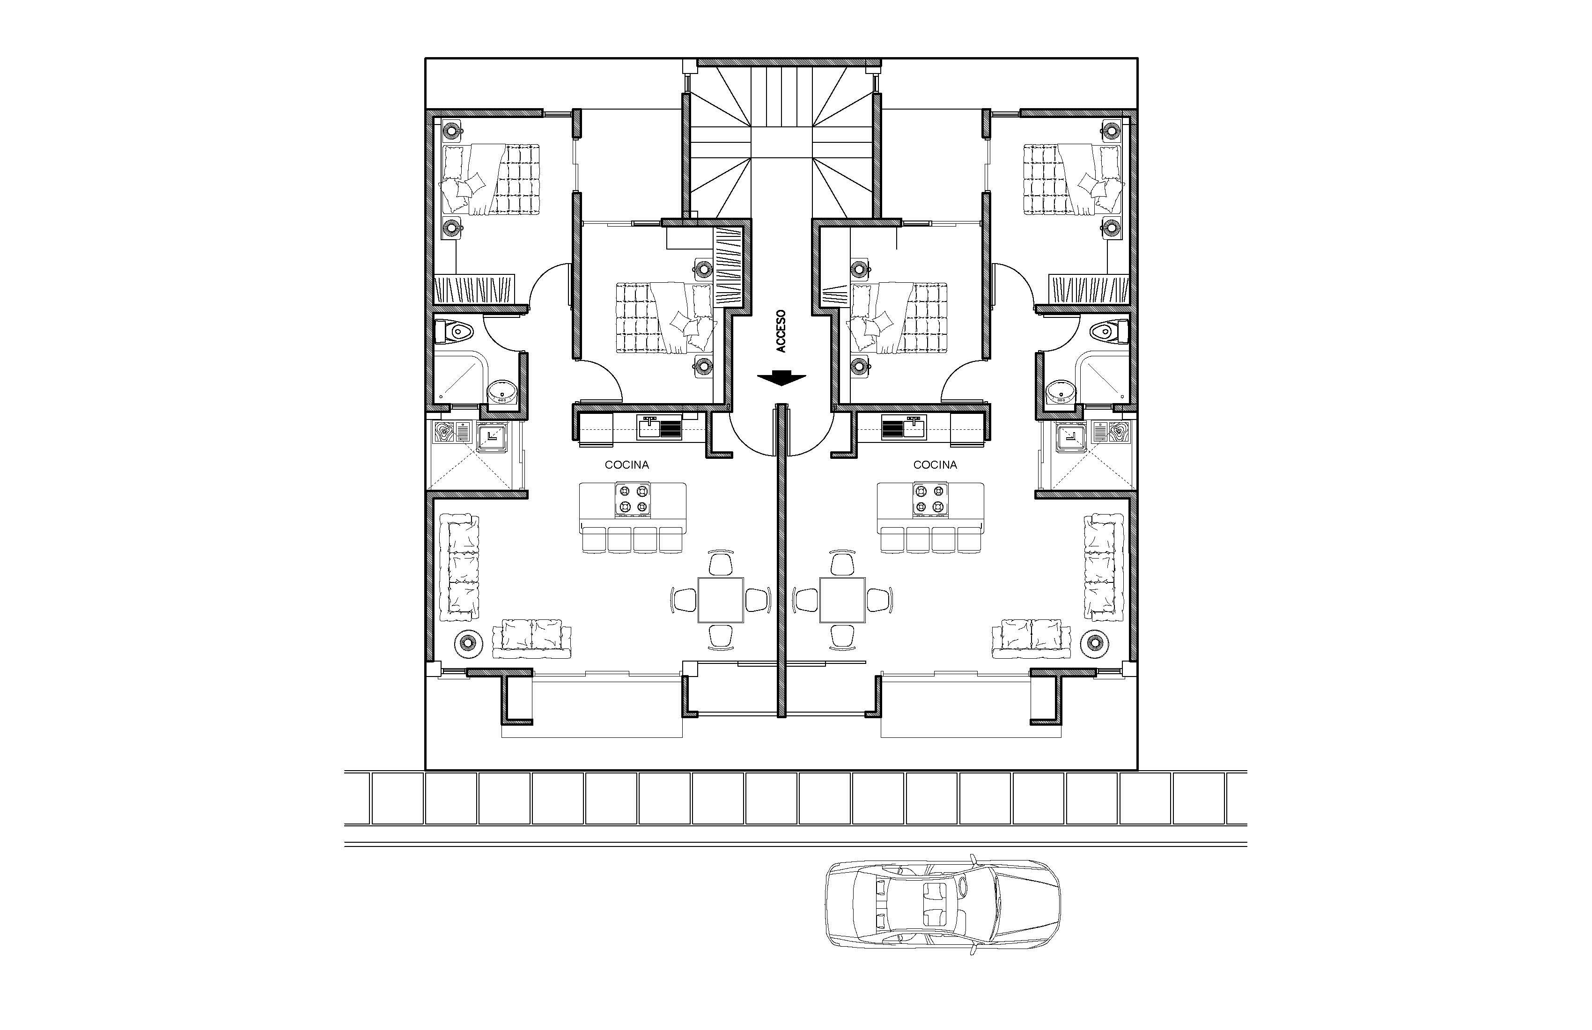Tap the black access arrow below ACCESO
(781, 379)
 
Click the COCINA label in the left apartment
(627, 465)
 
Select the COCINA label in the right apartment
(935, 465)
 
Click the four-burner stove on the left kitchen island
(633, 500)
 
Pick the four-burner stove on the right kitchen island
(930, 500)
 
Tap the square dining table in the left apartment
(721, 600)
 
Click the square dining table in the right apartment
(843, 600)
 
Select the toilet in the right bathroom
(1110, 331)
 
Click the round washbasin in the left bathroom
(501, 391)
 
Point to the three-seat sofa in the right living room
(1104, 567)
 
